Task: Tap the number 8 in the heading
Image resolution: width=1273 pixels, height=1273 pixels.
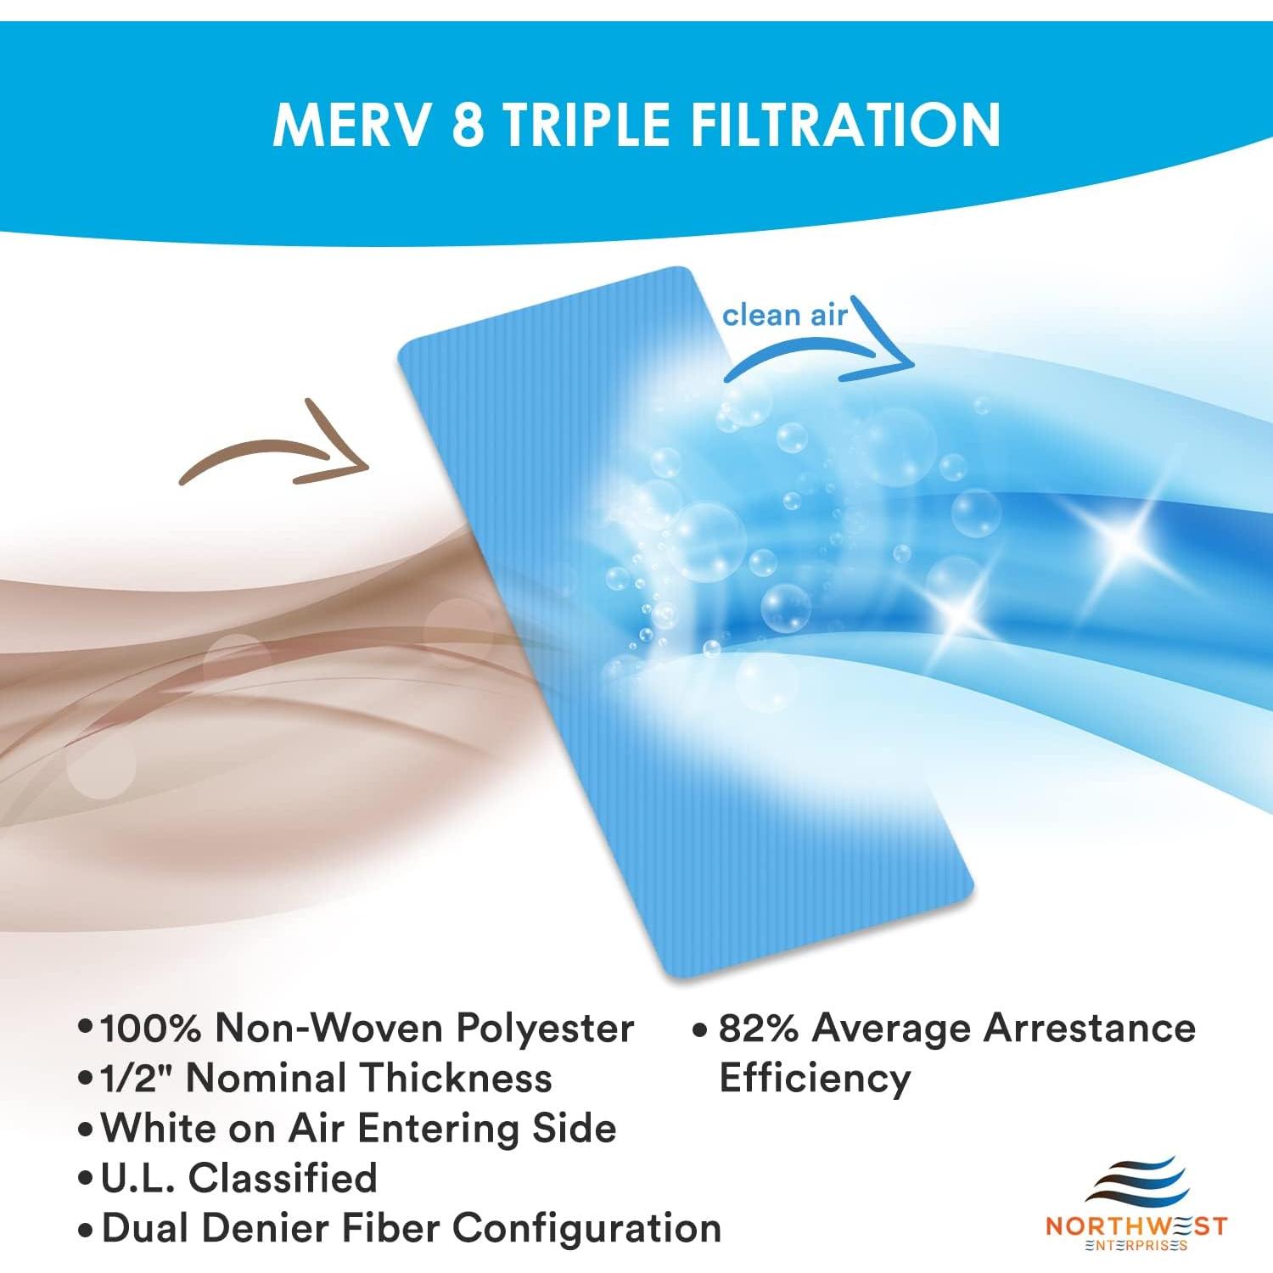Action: pyautogui.click(x=468, y=125)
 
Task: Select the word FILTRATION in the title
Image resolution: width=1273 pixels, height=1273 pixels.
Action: pyautogui.click(x=844, y=125)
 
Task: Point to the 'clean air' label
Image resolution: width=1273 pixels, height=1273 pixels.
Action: pyautogui.click(x=784, y=316)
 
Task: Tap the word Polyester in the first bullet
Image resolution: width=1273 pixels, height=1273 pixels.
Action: pyautogui.click(x=545, y=1028)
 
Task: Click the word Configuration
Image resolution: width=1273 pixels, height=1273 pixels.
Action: pyautogui.click(x=587, y=1228)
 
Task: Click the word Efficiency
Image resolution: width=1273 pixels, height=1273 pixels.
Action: pyautogui.click(x=815, y=1078)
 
